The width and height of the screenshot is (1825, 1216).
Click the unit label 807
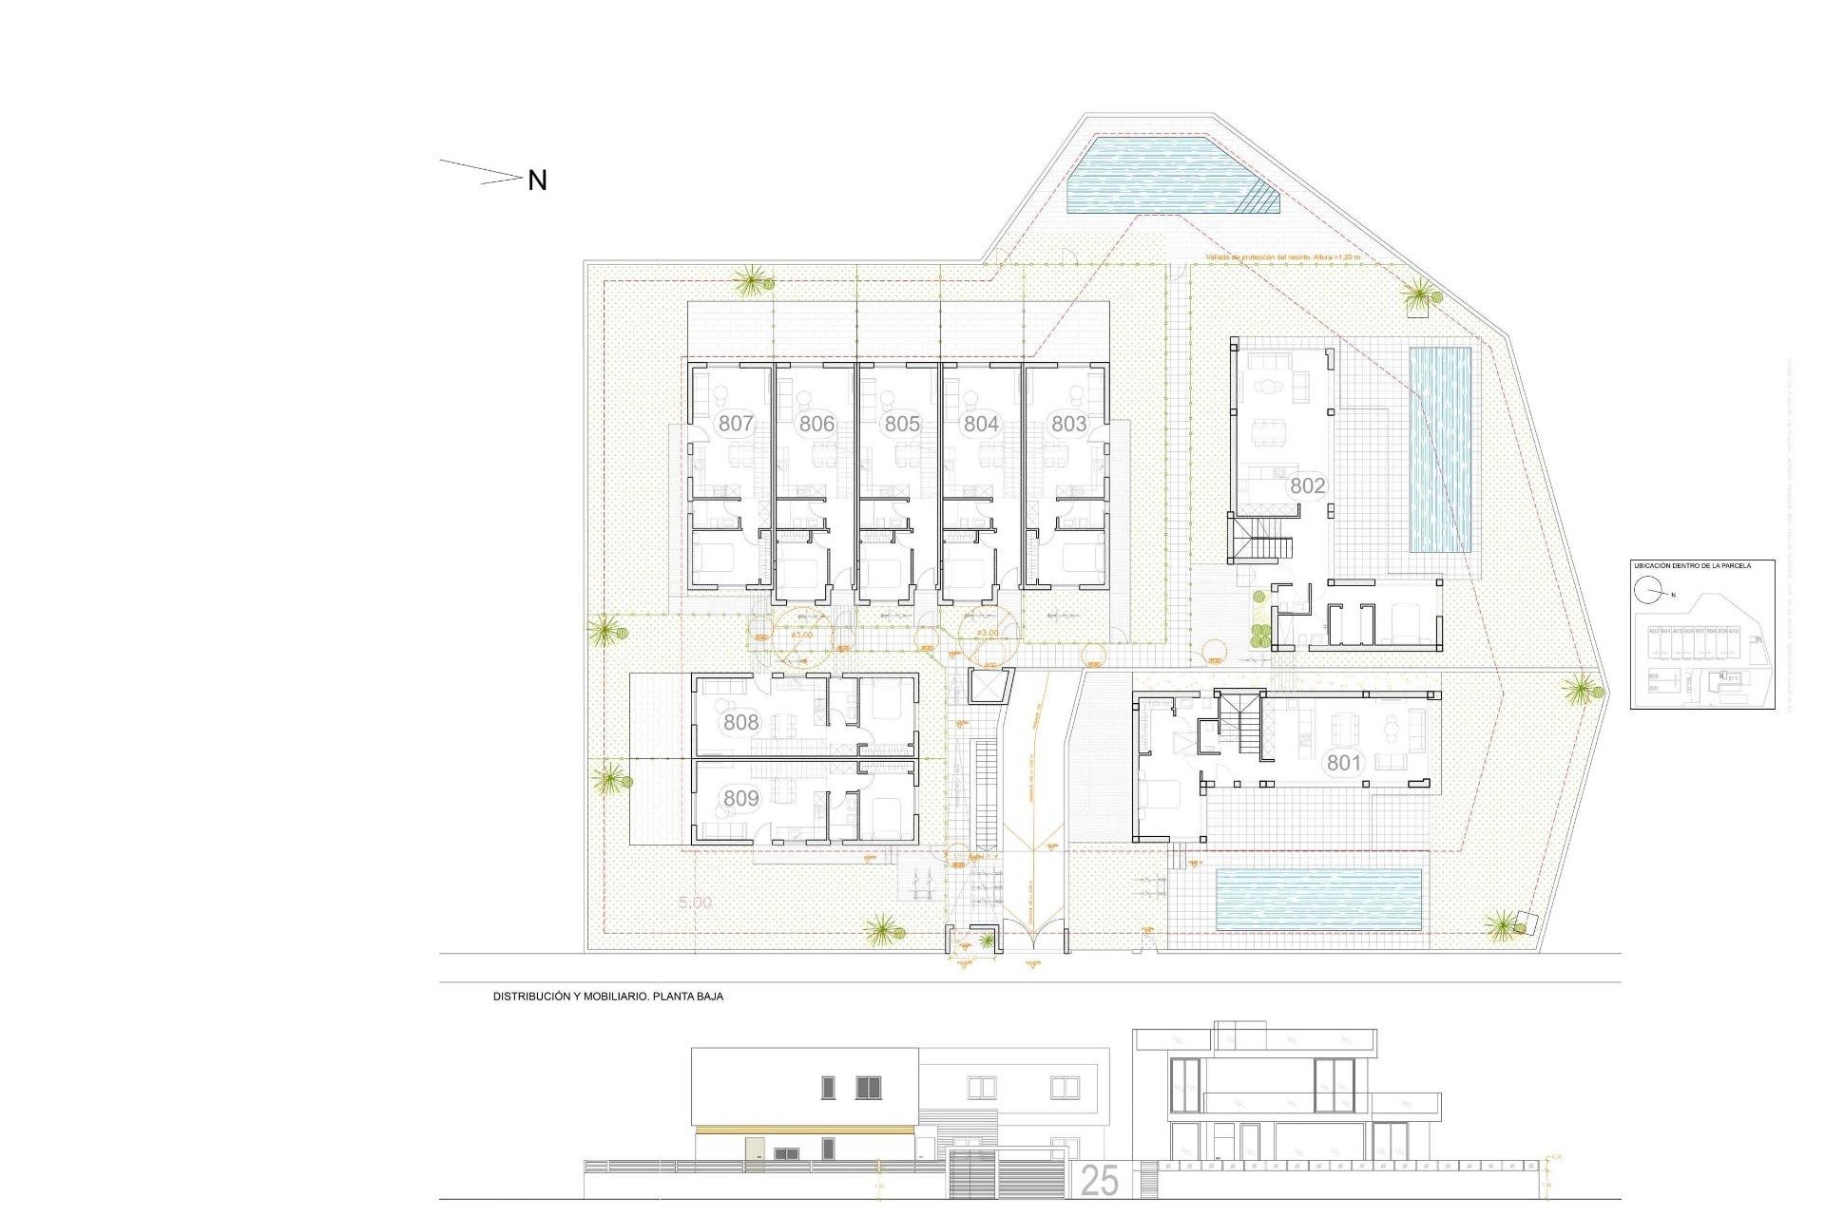click(736, 423)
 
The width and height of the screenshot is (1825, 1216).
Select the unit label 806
click(816, 424)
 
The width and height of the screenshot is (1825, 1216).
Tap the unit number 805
click(901, 424)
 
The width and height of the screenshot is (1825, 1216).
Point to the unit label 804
click(981, 424)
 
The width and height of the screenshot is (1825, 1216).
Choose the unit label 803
click(1068, 424)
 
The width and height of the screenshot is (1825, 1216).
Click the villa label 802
click(1307, 485)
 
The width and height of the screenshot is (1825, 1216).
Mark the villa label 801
click(1344, 762)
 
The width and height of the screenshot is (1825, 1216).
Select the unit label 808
click(740, 722)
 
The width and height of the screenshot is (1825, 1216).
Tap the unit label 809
click(740, 798)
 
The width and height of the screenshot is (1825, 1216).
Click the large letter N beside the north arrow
click(537, 180)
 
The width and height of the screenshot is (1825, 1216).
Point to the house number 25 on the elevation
click(1100, 1181)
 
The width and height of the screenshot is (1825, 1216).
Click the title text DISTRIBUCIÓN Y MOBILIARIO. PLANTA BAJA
click(607, 997)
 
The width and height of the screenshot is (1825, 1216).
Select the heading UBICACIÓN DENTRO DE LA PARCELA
click(1692, 566)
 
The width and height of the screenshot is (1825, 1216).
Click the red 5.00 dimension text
click(695, 902)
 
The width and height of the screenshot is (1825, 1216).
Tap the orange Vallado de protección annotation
click(1282, 257)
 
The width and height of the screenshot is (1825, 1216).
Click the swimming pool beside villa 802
click(1439, 449)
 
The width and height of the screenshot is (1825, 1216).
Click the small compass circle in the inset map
click(1646, 591)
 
